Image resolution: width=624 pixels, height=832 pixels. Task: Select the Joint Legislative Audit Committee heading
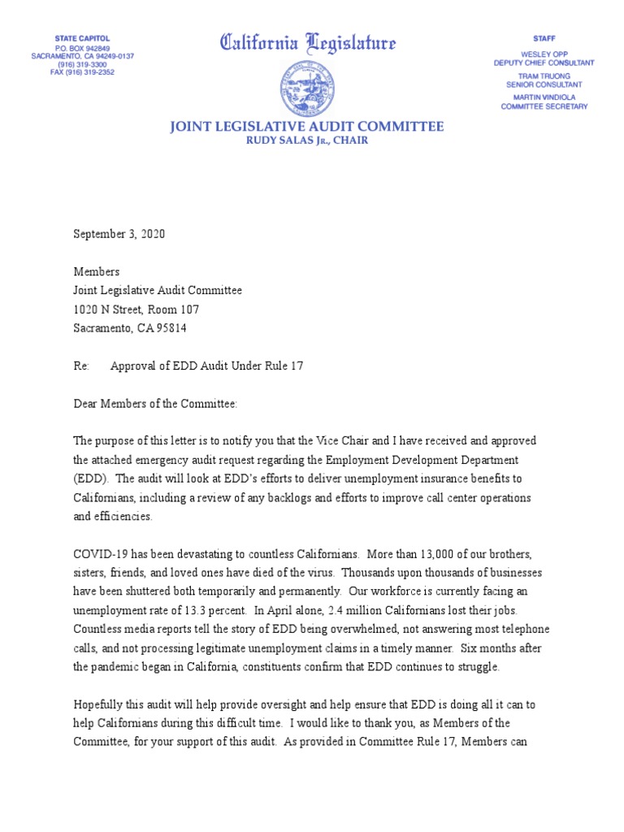(x=306, y=127)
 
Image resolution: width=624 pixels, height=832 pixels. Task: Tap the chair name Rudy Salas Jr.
(x=306, y=141)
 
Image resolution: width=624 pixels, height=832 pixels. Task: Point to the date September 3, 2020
(x=119, y=234)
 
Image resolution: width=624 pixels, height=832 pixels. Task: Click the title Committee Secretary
(x=544, y=106)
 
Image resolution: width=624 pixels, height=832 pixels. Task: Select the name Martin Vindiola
(x=544, y=97)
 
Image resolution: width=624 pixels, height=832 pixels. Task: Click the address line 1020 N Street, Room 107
(x=136, y=310)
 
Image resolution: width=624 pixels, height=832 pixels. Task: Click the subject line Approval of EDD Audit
(x=206, y=366)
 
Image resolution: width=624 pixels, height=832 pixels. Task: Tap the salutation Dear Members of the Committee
(x=155, y=404)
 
